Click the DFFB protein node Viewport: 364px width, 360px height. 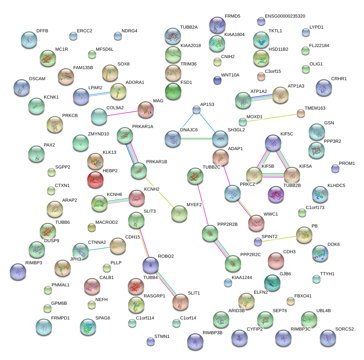click(29, 39)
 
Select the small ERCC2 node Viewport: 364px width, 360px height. click(73, 36)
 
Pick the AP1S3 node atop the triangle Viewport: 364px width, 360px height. click(197, 109)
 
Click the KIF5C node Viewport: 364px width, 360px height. click(273, 143)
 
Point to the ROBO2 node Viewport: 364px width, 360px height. click(150, 265)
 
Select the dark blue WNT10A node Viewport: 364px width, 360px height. click(217, 80)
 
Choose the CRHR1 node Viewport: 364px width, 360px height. click(323, 88)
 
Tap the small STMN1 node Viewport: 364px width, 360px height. click(150, 341)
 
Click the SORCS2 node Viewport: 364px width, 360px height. click(328, 338)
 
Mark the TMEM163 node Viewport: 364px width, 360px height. click(301, 114)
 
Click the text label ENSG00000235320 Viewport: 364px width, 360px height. click(285, 16)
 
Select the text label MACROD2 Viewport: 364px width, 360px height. click(106, 222)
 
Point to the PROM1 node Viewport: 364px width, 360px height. click(335, 168)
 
